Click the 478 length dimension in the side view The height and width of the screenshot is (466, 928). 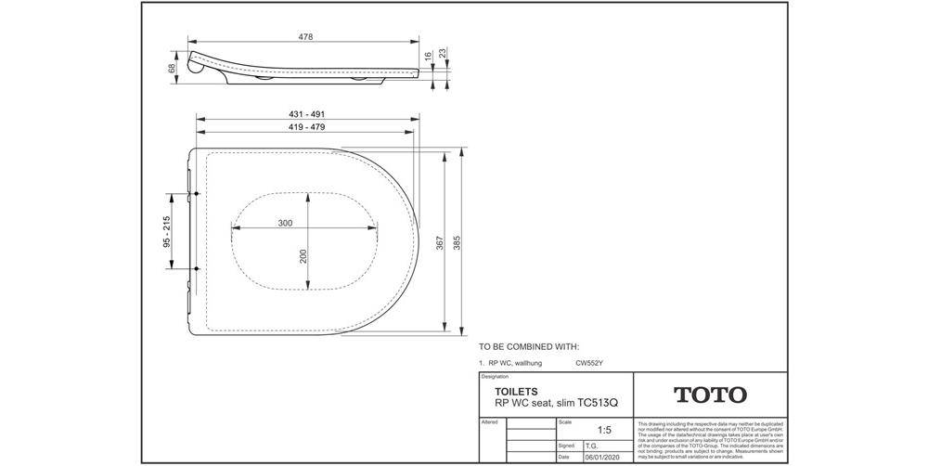tap(304, 36)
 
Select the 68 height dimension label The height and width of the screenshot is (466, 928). tap(173, 69)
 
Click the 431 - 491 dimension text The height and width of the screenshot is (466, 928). tap(305, 114)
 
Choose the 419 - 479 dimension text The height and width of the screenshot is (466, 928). tap(305, 126)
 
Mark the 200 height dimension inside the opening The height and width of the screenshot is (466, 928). tap(303, 255)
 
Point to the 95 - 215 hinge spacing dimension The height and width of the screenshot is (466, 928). tap(166, 232)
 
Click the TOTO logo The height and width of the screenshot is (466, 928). tap(710, 395)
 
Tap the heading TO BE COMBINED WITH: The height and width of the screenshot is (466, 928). tap(528, 344)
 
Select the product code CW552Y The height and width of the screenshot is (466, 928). tap(591, 363)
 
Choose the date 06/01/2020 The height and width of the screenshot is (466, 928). tap(600, 457)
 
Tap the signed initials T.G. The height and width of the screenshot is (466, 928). tap(590, 446)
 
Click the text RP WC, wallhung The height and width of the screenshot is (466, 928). tap(514, 363)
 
